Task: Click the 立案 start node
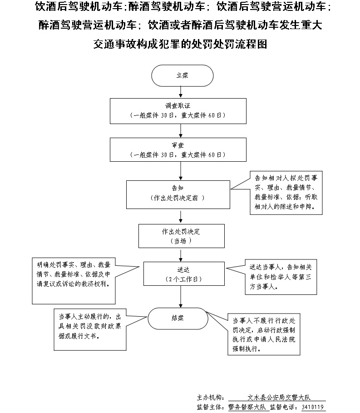tap(182, 76)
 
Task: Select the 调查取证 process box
tap(181, 110)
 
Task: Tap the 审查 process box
tap(181, 150)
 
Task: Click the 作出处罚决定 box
tap(181, 236)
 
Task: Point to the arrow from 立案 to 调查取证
tap(182, 92)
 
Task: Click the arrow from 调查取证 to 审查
tap(182, 131)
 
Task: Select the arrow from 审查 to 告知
tap(182, 171)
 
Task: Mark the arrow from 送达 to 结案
tap(182, 297)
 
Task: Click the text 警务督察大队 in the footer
tap(247, 407)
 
